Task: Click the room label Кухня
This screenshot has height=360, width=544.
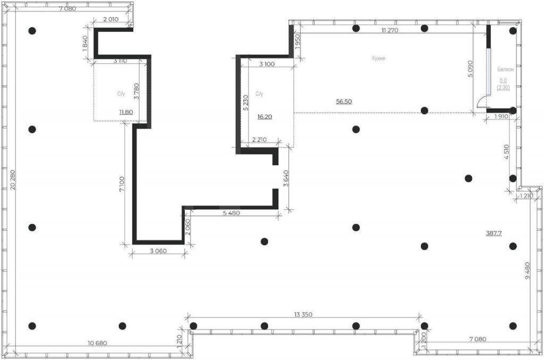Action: point(378,58)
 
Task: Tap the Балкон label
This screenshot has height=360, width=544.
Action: point(506,70)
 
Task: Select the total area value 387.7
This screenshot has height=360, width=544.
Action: point(494,234)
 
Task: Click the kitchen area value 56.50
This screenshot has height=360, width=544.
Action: point(344,101)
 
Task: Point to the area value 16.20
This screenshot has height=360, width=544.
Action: point(265,117)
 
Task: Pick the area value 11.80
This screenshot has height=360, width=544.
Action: point(125,112)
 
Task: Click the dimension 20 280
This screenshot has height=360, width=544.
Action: point(13,179)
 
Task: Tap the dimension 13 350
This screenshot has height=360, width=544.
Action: point(303,314)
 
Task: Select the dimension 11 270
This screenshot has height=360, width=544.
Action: point(389,30)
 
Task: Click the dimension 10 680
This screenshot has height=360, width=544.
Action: point(97,344)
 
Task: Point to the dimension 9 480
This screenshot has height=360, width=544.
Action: point(528,270)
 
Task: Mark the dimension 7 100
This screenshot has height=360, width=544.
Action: point(122,184)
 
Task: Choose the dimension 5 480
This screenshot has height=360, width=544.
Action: point(231,213)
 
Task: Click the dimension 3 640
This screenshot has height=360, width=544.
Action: point(285,178)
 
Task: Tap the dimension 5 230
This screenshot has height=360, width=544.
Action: point(245,102)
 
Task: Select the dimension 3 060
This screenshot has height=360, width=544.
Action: point(158,251)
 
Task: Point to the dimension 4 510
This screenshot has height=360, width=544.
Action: point(506,152)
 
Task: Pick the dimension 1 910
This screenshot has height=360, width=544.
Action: point(501,116)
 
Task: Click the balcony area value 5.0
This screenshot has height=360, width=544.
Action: point(503,81)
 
